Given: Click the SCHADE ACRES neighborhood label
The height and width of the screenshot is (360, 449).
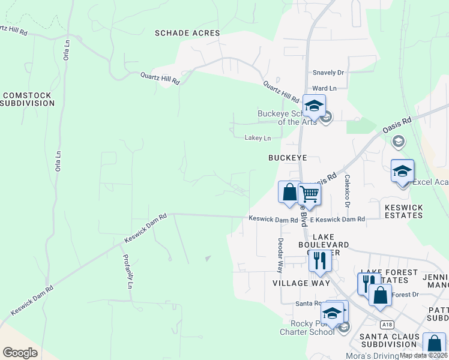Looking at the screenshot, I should coord(187,33).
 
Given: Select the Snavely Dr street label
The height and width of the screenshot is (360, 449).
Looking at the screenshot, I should coord(328,73).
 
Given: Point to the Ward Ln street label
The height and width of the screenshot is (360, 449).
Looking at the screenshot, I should coord(324,88).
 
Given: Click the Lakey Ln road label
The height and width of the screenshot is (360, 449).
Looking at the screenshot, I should coord(258,138).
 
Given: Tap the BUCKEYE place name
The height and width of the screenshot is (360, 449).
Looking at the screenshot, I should coord(288,157).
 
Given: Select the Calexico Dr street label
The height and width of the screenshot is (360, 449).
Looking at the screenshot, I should coord(347,191).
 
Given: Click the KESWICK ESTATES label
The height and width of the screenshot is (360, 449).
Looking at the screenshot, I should coord(403,212).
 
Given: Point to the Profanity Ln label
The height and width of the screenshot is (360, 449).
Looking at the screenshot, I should coord(128,272).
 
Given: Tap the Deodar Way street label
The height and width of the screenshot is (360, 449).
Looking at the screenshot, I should coord(280,253).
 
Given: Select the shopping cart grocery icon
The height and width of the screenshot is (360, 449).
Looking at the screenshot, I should coord(310,194).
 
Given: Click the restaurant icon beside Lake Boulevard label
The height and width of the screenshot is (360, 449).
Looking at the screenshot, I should coord(319,260).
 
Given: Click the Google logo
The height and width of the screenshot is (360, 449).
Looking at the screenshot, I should coord(20,352).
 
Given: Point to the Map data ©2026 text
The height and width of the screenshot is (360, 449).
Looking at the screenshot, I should coord(423,355).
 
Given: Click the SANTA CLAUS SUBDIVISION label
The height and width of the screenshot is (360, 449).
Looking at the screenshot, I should coord(388,340).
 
